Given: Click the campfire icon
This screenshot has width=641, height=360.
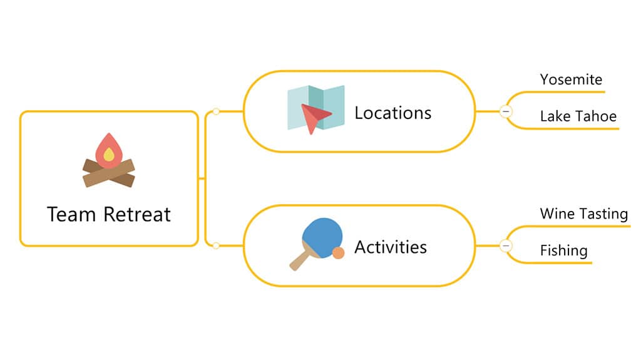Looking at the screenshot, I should [109, 162].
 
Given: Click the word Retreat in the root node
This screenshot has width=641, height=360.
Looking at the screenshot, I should [137, 215].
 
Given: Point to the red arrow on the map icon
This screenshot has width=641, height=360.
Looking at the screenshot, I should [314, 116].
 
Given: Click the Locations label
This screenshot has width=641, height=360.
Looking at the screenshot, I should [392, 113].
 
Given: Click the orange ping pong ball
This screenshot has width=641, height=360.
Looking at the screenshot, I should [338, 253].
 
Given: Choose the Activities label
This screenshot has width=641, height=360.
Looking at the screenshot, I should [391, 247].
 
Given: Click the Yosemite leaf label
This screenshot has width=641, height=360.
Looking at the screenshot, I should [571, 80].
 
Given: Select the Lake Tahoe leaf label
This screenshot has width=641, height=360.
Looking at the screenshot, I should [578, 116].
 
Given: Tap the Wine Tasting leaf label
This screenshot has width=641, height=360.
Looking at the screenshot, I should [583, 214].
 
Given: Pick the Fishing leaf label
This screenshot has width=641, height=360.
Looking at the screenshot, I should [563, 251].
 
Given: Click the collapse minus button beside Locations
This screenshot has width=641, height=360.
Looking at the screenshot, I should [506, 111].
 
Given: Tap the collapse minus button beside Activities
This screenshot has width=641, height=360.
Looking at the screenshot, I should [506, 245].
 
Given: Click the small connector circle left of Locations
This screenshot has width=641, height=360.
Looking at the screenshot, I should [216, 111].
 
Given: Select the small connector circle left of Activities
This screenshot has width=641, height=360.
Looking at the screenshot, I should [216, 245].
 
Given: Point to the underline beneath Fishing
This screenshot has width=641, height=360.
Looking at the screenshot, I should [563, 263].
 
